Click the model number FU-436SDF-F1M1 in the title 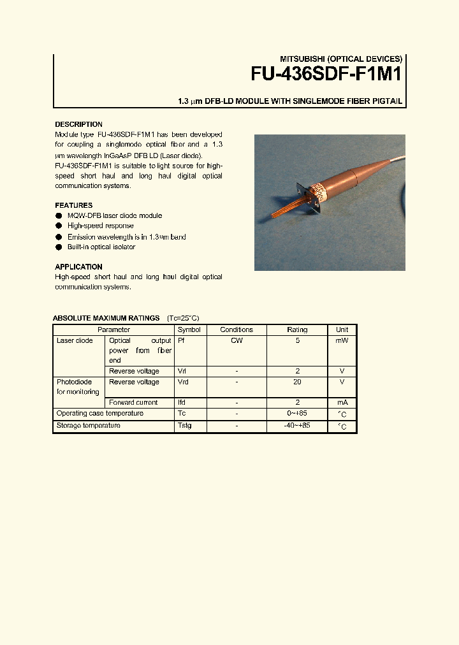[326, 74]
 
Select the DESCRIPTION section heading [78, 124]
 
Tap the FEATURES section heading [73, 205]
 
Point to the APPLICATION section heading [78, 266]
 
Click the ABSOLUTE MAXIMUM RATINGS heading [106, 318]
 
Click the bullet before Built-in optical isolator [59, 247]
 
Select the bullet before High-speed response [59, 226]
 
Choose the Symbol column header [189, 330]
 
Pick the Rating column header [297, 330]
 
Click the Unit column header [342, 330]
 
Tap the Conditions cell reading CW [237, 340]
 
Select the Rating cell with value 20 [297, 382]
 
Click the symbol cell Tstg [184, 425]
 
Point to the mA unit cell [342, 403]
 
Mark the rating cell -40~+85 [297, 425]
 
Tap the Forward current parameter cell [134, 402]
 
